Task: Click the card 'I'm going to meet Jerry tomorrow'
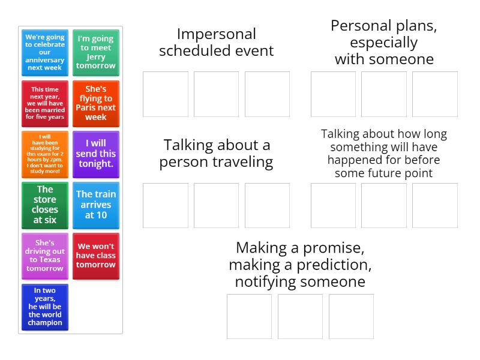(x=96, y=53)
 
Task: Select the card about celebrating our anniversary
(x=45, y=53)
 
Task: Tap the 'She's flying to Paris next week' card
(x=96, y=103)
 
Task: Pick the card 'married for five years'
(x=45, y=103)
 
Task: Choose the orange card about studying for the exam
(x=45, y=154)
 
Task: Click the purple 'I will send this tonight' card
(x=96, y=154)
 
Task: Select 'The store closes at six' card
(x=45, y=205)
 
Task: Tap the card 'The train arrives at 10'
(x=96, y=205)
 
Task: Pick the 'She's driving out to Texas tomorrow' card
(x=45, y=256)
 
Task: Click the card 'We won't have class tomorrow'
(x=96, y=256)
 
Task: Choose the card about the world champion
(x=45, y=307)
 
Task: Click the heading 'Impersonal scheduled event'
(x=217, y=42)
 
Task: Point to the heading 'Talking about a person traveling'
(x=217, y=154)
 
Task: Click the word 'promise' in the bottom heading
(x=334, y=248)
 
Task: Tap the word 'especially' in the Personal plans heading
(x=384, y=43)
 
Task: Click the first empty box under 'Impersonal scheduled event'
(x=166, y=94)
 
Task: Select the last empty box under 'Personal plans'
(x=435, y=94)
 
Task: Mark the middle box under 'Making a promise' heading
(x=301, y=317)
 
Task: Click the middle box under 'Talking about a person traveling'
(x=217, y=205)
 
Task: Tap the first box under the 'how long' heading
(x=334, y=205)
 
